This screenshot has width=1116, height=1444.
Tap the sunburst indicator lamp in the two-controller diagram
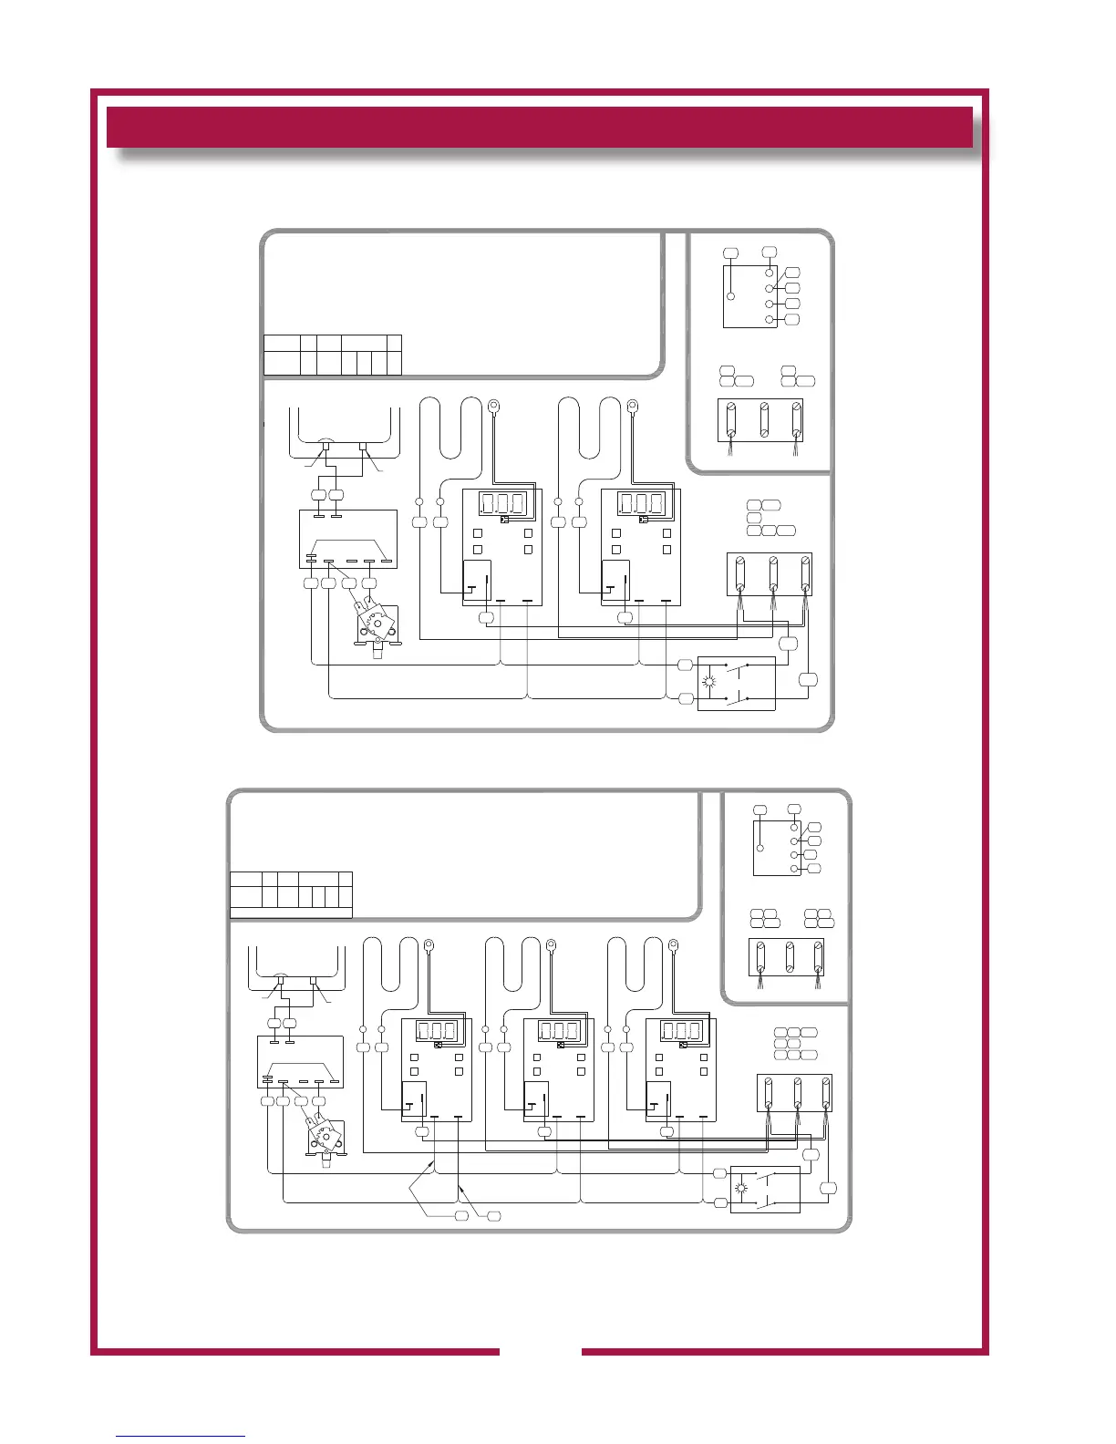711,682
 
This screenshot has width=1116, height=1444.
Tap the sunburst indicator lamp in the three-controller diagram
740,1188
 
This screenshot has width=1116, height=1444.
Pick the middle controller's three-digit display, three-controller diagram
559,1031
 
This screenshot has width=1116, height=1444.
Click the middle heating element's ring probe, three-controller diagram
552,945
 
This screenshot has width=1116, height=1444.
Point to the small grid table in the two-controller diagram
332,355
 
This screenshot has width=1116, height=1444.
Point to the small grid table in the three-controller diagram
290,894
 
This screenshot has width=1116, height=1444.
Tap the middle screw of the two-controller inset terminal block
765,418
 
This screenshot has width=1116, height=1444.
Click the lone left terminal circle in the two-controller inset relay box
730,296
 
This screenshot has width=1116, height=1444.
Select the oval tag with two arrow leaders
461,1216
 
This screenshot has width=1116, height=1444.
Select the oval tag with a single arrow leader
493,1216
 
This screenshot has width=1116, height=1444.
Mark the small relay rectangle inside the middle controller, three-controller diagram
535,1099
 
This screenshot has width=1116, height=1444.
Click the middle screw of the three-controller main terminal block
798,1092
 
